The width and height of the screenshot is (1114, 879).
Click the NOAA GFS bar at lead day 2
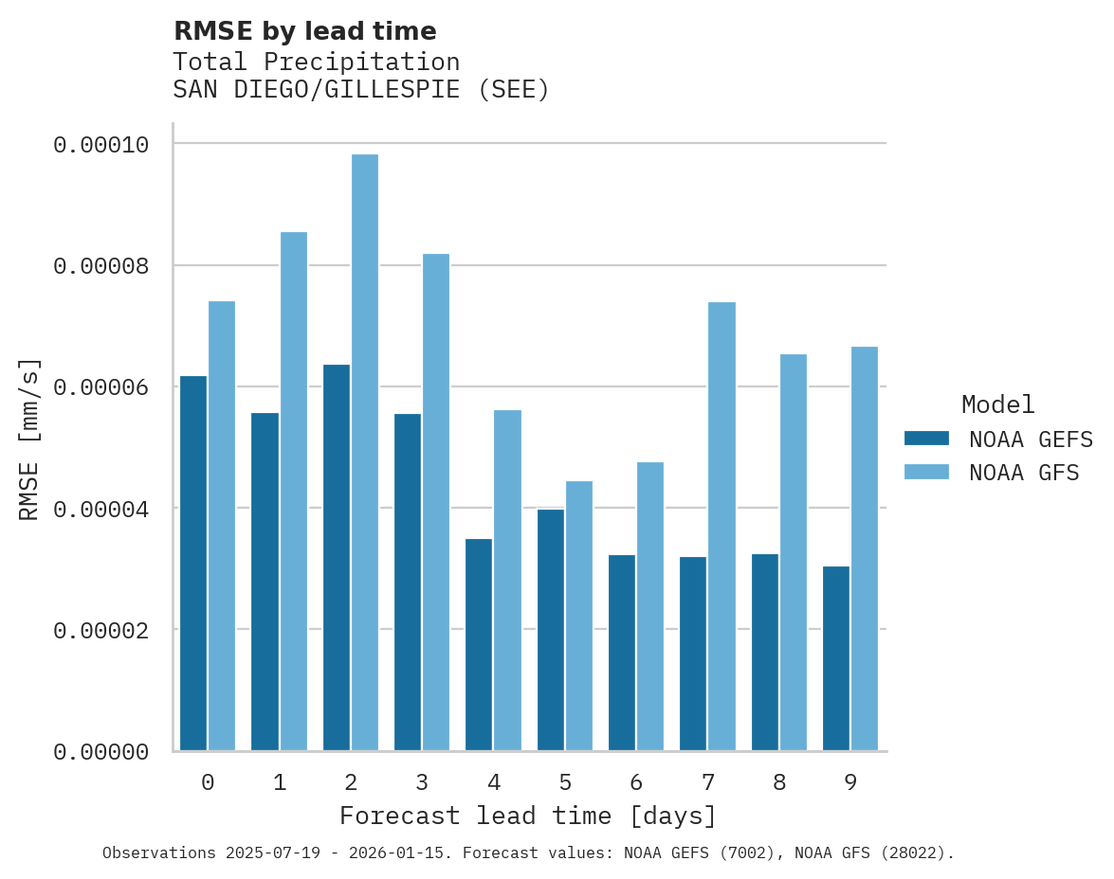click(365, 453)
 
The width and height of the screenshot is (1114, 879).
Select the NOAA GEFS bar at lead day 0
click(193, 564)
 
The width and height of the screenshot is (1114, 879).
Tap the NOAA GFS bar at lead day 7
click(722, 527)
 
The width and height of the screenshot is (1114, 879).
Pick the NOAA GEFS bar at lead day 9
click(836, 658)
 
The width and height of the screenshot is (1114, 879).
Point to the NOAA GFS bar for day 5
click(579, 616)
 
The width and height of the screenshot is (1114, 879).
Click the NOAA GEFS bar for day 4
click(479, 645)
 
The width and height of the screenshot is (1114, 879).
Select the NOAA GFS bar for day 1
click(294, 492)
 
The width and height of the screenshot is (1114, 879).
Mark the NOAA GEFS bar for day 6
click(622, 653)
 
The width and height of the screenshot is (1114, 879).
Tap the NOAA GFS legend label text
click(1024, 473)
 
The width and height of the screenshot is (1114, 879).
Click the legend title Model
click(997, 404)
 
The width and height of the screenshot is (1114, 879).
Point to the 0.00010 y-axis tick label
click(101, 145)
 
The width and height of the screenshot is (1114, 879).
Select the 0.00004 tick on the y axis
click(101, 510)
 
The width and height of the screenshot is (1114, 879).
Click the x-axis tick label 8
click(779, 782)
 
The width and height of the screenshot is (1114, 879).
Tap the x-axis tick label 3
click(422, 782)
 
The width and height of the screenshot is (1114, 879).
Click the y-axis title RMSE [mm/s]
click(30, 439)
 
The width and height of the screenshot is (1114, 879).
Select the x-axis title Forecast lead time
click(528, 816)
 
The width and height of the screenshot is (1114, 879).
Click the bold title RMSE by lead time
click(304, 31)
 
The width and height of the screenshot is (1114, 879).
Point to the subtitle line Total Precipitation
click(316, 62)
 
